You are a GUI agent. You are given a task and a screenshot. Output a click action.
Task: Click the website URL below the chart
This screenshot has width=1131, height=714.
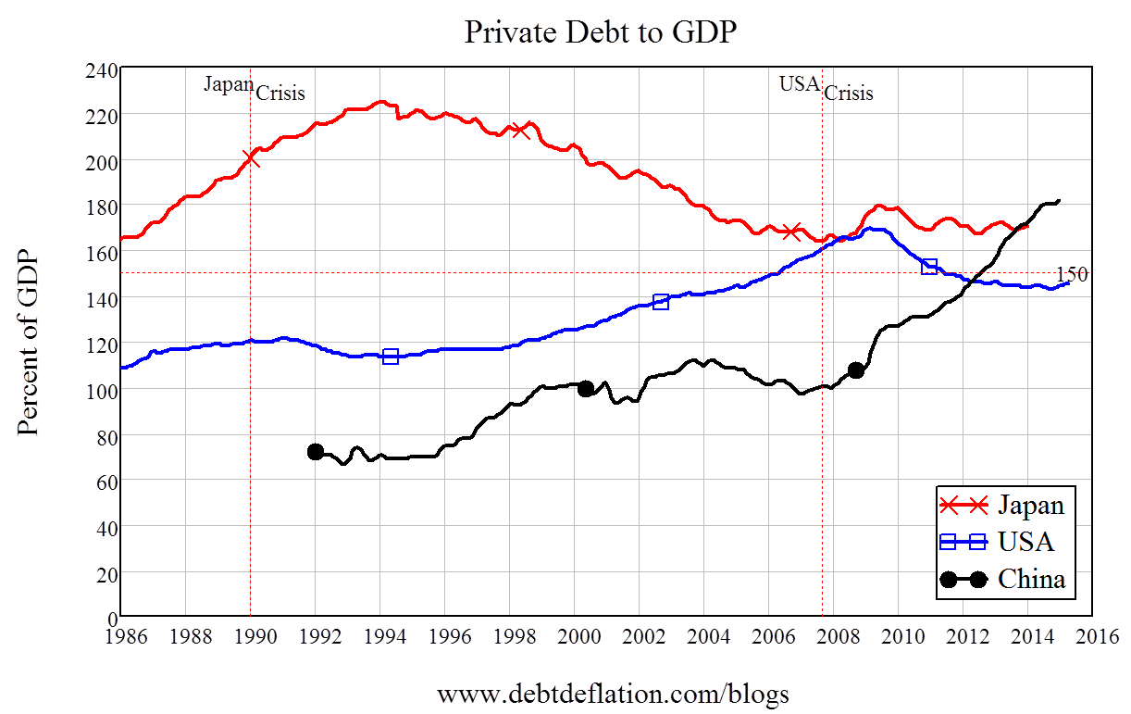pos(613,694)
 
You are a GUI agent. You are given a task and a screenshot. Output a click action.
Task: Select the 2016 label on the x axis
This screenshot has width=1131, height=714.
pos(1092,636)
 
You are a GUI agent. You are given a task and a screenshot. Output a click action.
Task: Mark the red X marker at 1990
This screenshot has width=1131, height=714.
pos(250,159)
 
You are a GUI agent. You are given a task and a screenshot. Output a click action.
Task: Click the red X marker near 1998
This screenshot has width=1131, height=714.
pos(520,130)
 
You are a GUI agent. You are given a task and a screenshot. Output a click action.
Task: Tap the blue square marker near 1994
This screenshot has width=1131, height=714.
pos(391,357)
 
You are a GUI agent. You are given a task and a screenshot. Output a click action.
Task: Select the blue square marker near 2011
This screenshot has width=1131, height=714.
pos(929,267)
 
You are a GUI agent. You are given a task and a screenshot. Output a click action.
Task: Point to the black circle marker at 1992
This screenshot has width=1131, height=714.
pos(316,452)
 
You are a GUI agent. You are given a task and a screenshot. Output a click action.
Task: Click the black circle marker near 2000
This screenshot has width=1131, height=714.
pos(585,389)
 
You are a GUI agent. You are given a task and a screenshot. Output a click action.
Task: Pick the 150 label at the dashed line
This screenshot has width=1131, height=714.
pos(1072,274)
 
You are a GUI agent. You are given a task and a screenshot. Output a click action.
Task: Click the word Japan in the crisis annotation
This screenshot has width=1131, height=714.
pos(229,84)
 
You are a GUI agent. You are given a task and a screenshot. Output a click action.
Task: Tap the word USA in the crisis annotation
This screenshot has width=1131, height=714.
pos(800,84)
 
